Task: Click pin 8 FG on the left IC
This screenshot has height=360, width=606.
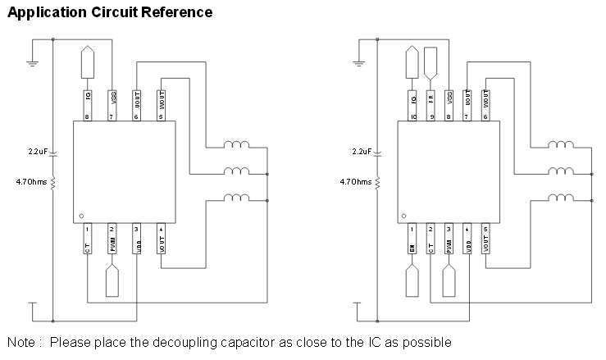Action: tap(88, 105)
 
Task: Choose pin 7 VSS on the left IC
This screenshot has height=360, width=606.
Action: tap(112, 105)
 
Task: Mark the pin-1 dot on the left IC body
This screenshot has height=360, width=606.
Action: tap(81, 216)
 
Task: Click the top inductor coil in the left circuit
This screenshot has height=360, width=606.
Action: tap(237, 146)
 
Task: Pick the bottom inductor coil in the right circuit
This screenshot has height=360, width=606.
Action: tap(561, 197)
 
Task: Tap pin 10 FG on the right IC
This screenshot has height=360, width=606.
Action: tap(412, 105)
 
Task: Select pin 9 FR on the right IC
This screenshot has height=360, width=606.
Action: tap(431, 105)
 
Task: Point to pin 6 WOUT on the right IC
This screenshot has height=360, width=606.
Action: tap(486, 105)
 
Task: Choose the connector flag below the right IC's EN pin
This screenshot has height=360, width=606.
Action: tap(412, 281)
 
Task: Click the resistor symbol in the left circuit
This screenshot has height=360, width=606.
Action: tap(53, 182)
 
